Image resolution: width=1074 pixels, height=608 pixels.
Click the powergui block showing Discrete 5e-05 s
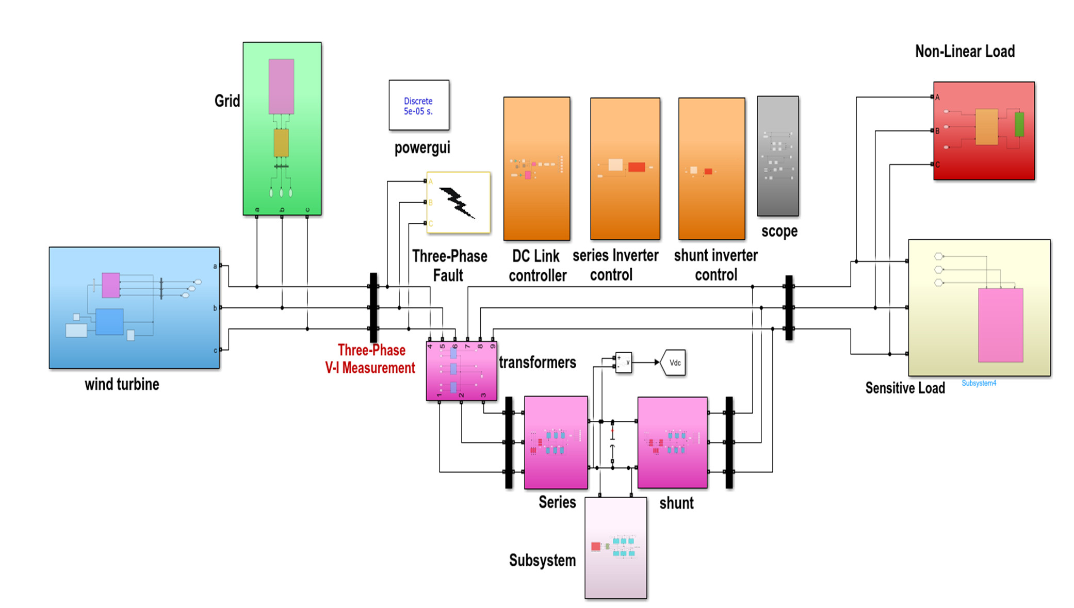coord(418,105)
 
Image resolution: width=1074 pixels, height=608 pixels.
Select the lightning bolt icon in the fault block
coord(457,203)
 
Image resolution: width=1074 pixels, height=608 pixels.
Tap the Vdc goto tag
coord(674,363)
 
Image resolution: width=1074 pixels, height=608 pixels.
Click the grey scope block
coord(777,156)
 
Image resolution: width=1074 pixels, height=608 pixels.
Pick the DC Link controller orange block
coord(536,168)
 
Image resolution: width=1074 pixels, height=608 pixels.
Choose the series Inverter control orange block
coord(625,168)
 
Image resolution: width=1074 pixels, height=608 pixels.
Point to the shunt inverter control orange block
coord(711,168)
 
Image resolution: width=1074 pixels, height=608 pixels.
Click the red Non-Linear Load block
coord(984,130)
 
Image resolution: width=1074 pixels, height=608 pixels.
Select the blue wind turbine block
coord(134,307)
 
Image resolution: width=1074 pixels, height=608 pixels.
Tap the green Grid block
coord(282,128)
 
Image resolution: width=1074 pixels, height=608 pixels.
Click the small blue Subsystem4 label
coord(979,383)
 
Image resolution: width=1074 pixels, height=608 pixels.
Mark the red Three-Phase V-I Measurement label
coord(370,359)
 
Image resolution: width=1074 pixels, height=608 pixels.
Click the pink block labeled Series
coord(556,442)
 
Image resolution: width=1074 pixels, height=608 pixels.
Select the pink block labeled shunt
coord(672,442)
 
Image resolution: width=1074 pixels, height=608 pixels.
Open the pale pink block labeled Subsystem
coord(615,548)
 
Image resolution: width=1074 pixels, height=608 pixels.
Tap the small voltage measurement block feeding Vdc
coord(623,363)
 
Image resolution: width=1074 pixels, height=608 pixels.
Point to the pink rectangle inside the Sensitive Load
coord(1000,325)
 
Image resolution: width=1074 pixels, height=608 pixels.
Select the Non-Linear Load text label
coord(965,52)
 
